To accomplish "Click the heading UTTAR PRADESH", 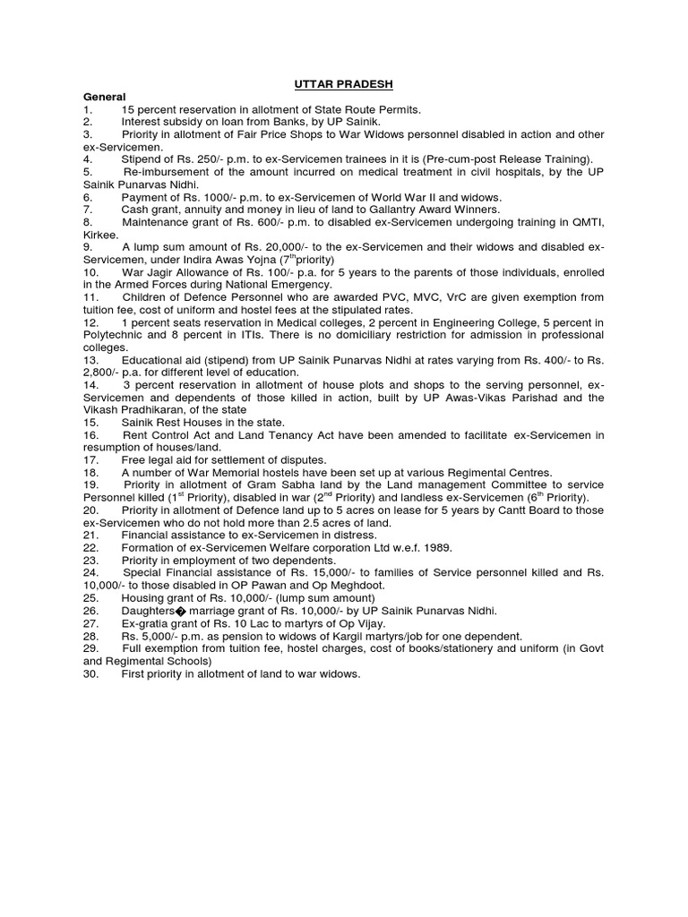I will (343, 84).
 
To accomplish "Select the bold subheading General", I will (104, 96).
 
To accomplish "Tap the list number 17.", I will (90, 459).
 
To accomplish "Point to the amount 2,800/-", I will (106, 371).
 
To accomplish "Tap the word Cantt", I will (471, 510).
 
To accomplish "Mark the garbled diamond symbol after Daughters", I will (182, 610).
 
